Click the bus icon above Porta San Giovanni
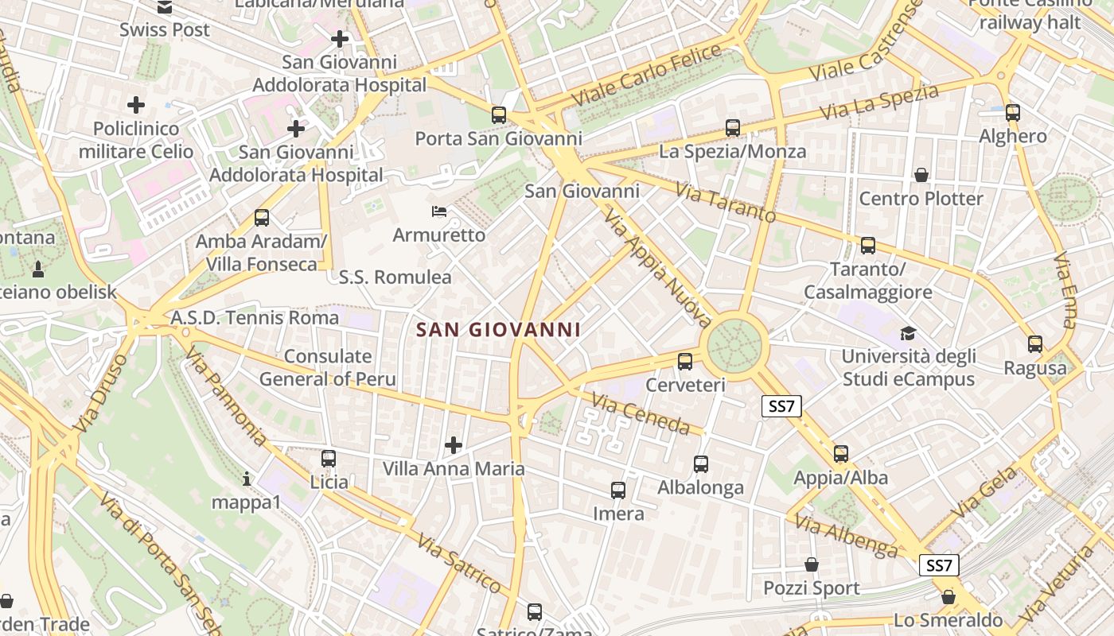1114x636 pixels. (x=499, y=115)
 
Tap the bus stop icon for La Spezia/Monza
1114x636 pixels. (x=733, y=127)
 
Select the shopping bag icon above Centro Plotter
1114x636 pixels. (x=921, y=174)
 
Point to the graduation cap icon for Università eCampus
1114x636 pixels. (x=908, y=333)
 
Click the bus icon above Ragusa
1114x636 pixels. (x=1034, y=344)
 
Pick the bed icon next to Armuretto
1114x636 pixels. (x=438, y=211)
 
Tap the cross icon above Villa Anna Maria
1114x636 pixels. (x=454, y=444)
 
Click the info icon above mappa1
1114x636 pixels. (x=247, y=479)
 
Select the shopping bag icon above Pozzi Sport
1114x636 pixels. (x=812, y=564)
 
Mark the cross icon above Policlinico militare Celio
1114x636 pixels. (x=136, y=104)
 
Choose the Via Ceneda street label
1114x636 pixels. (x=641, y=414)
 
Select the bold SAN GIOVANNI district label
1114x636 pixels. (x=498, y=329)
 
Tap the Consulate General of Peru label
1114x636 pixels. (x=327, y=367)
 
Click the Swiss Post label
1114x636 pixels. (x=165, y=30)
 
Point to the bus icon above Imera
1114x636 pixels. (x=618, y=491)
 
